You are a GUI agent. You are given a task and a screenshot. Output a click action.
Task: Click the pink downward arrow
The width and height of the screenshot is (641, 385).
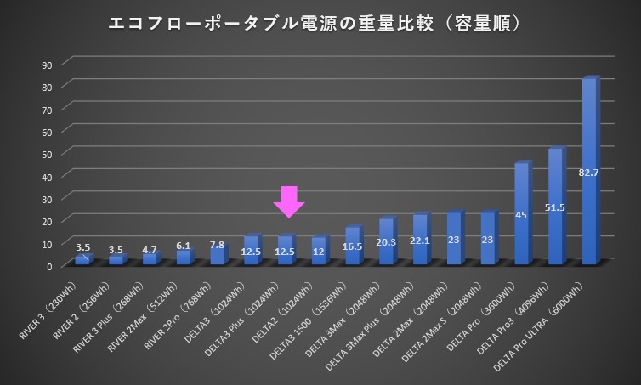289,201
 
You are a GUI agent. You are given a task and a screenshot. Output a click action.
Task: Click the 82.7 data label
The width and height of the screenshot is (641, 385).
588,173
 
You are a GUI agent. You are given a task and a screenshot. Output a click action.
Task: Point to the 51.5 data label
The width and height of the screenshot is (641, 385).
555,207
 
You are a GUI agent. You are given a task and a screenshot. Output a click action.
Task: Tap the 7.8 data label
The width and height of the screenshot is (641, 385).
218,245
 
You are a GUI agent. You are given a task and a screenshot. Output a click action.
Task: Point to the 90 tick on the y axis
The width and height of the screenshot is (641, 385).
48,65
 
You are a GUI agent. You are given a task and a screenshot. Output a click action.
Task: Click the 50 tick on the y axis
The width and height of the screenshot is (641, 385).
48,154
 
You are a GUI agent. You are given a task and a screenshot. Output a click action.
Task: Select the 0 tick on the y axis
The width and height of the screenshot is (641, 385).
50,266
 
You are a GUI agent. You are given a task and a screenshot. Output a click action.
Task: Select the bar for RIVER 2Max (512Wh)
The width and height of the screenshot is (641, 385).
184,258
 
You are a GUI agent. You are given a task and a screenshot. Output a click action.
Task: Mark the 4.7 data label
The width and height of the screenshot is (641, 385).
150,250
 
